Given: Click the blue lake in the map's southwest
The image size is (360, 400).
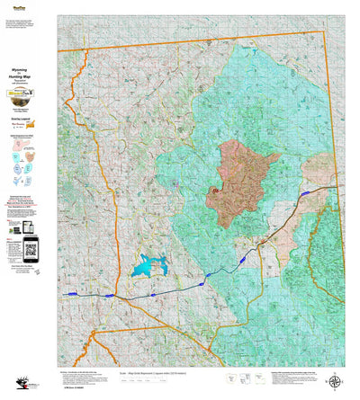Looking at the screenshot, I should point(148,266).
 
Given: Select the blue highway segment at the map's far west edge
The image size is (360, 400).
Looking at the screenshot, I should point(70,294).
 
